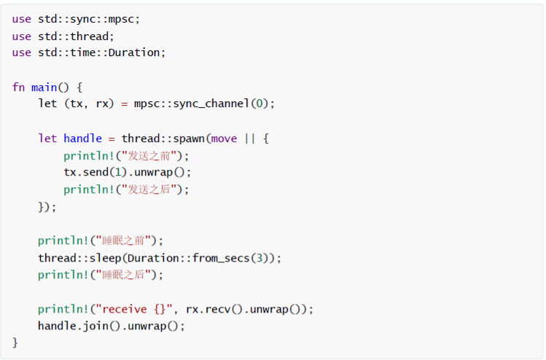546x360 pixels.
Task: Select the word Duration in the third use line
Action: tap(136, 52)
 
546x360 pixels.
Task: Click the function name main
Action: tap(44, 87)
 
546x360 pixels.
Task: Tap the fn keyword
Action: tap(18, 87)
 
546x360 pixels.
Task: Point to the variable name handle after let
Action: tap(82, 138)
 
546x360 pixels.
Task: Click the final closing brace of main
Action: tap(15, 343)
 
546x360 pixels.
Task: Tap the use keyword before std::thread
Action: tap(21, 36)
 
